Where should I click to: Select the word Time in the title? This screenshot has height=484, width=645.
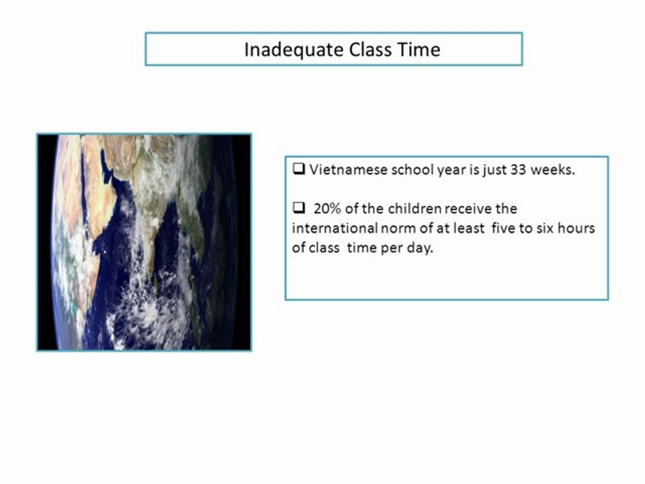[419, 49]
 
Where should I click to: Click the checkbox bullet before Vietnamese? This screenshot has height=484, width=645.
[298, 169]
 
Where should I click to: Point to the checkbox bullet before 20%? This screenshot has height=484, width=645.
[298, 208]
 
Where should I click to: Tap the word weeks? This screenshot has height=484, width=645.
[552, 169]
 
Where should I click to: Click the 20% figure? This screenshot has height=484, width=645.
[327, 208]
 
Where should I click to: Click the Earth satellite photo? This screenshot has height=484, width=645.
[144, 242]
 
